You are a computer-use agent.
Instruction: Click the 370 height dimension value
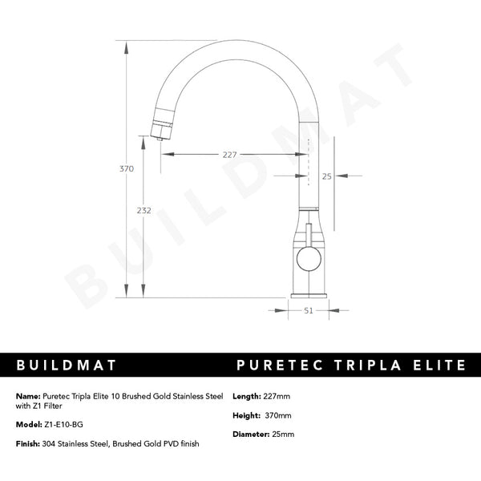pyautogui.click(x=126, y=169)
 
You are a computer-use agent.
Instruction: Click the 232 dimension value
pyautogui.click(x=144, y=210)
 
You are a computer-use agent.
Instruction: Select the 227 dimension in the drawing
pyautogui.click(x=229, y=156)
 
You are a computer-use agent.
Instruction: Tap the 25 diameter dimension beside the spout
pyautogui.click(x=326, y=176)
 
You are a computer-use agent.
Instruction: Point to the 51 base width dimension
pyautogui.click(x=309, y=311)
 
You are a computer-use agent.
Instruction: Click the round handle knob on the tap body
pyautogui.click(x=308, y=258)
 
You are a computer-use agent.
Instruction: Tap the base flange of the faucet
pyautogui.click(x=309, y=294)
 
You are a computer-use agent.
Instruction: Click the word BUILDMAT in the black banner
pyautogui.click(x=67, y=366)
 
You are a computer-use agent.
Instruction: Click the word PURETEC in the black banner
pyautogui.click(x=279, y=366)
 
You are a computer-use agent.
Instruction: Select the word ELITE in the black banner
pyautogui.click(x=437, y=366)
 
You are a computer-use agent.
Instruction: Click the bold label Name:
pyautogui.click(x=28, y=396)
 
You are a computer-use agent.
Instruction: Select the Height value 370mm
pyautogui.click(x=278, y=416)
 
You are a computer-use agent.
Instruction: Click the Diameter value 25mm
pyautogui.click(x=283, y=435)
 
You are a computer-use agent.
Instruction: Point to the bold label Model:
pyautogui.click(x=29, y=426)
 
